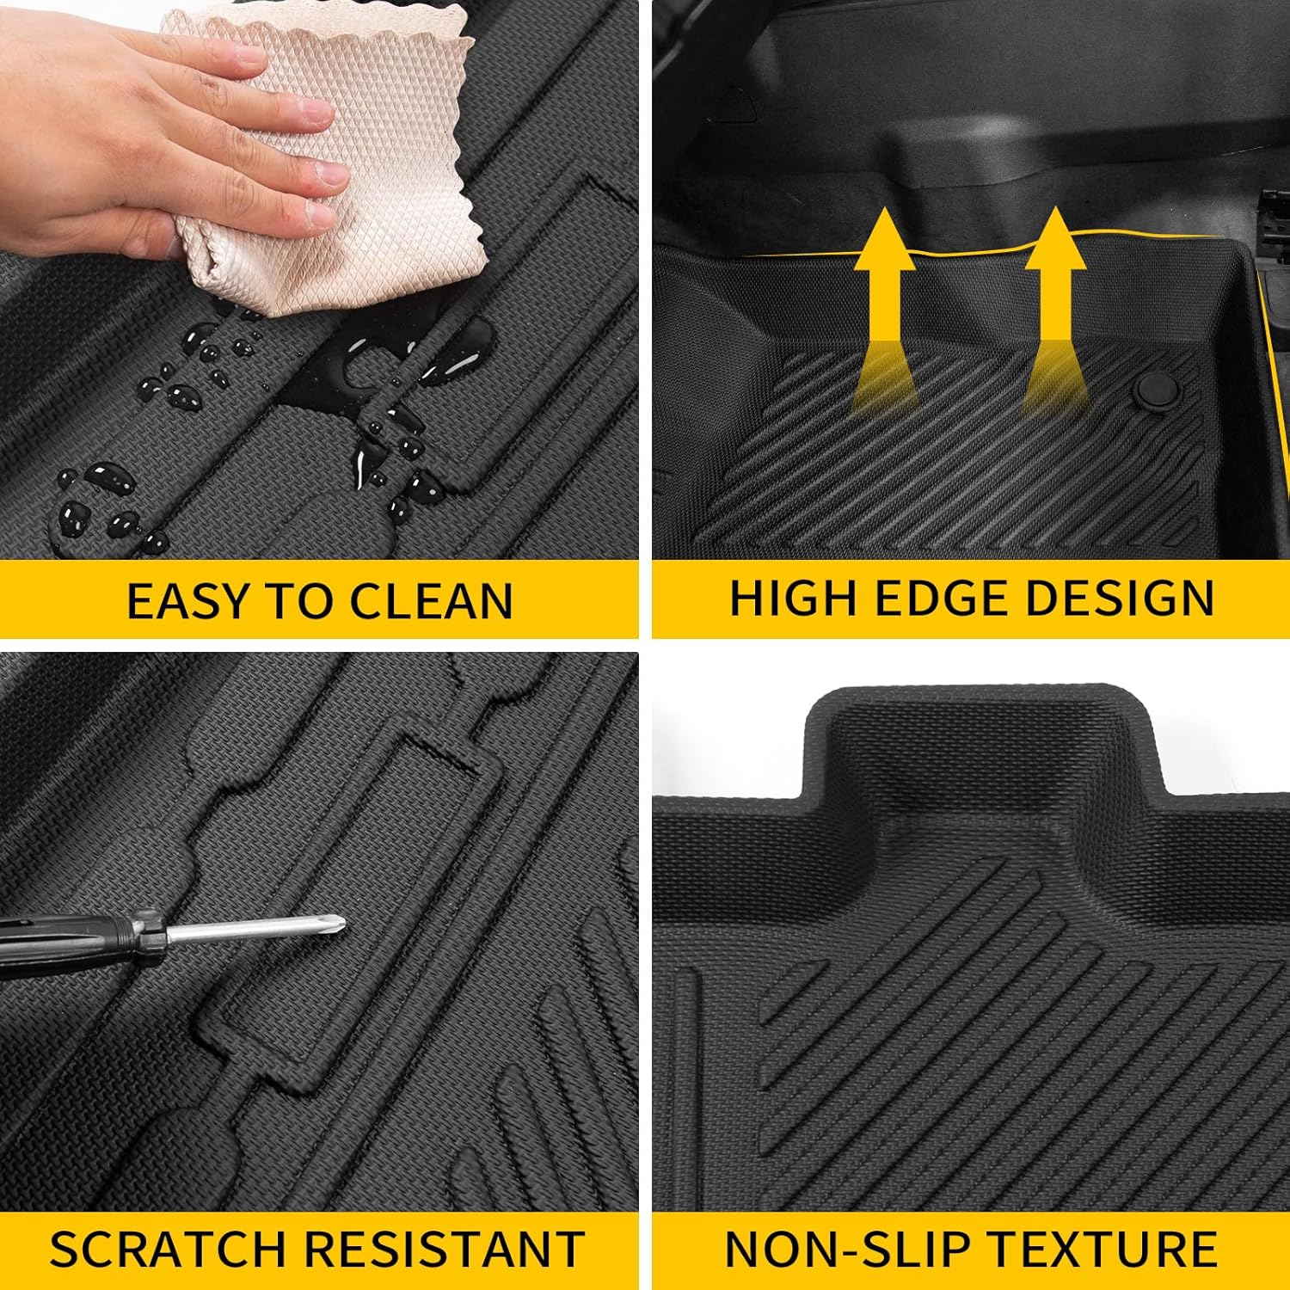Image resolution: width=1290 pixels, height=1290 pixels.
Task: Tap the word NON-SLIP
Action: coord(860,1249)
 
